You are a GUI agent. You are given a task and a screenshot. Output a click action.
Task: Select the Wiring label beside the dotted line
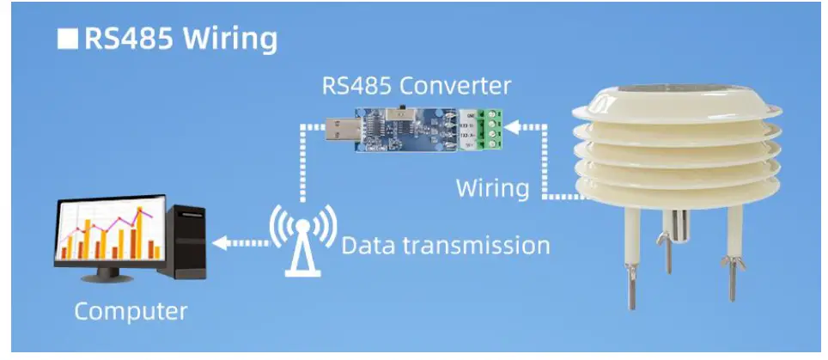[492, 187]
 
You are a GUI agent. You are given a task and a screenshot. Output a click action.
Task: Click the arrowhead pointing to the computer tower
[221, 243]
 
